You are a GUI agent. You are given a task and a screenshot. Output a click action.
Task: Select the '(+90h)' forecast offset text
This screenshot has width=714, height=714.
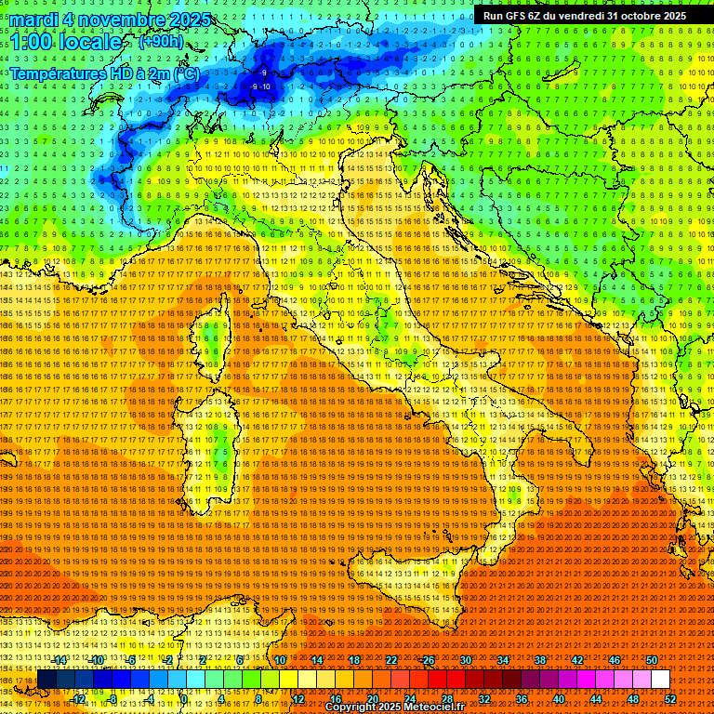(x=161, y=42)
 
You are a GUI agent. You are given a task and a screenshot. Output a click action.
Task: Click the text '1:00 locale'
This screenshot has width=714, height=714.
(x=66, y=43)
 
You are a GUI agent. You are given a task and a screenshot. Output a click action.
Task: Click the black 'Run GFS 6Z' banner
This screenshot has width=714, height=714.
(x=584, y=15)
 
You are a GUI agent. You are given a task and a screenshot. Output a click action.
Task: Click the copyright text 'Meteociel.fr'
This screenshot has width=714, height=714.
(x=442, y=707)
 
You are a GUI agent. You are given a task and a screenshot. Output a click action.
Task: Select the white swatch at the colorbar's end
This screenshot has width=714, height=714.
(x=660, y=680)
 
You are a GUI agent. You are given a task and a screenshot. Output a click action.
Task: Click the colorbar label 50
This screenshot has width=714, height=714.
(x=652, y=660)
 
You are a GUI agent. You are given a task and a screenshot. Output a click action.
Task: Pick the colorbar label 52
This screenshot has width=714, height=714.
(x=669, y=698)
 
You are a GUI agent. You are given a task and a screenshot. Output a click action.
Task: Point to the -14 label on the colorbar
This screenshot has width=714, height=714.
(x=59, y=660)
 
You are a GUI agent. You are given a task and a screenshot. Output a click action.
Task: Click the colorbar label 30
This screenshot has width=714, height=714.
(x=466, y=660)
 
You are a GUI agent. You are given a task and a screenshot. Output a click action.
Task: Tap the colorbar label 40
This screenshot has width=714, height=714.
(x=559, y=698)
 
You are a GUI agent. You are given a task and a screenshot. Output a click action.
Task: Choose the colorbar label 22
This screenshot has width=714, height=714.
(x=391, y=660)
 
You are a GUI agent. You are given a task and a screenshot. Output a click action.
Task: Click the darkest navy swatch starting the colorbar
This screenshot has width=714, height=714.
(x=46, y=680)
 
